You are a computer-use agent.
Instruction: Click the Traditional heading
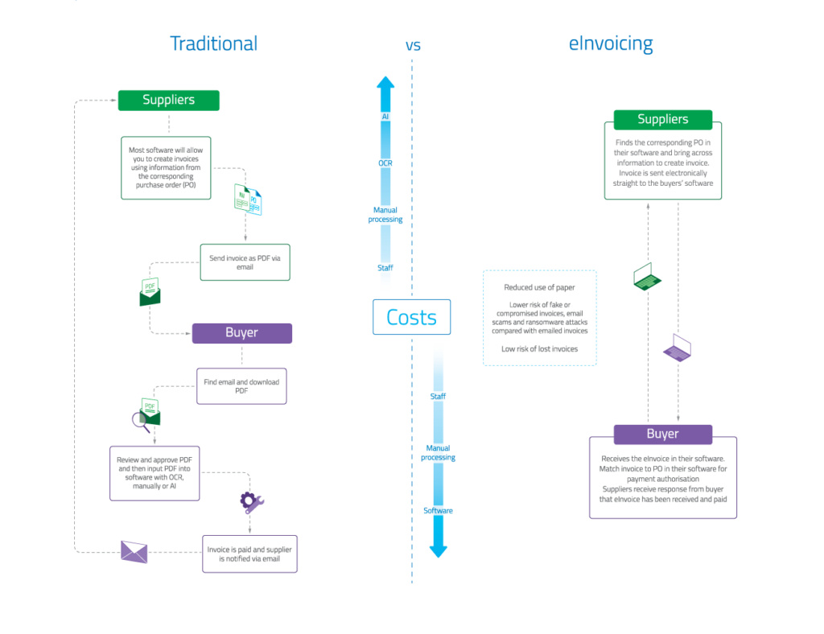coord(213,43)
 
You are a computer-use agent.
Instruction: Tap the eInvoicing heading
coord(611,43)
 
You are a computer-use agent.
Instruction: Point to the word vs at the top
coord(413,46)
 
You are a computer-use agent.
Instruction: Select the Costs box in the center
coord(412,317)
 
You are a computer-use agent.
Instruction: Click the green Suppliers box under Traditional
coord(169,101)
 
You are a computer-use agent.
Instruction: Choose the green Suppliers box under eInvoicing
coord(662,119)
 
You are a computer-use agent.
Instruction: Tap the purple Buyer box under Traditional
coord(241,333)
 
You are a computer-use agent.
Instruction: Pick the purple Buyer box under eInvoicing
coord(662,434)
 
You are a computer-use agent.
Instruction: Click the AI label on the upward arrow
coord(385,117)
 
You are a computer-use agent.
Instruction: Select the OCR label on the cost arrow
coord(385,163)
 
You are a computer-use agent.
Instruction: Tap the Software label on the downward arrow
coord(438,511)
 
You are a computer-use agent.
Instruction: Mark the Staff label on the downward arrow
coord(438,397)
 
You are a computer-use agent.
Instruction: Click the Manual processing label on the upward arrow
coord(385,215)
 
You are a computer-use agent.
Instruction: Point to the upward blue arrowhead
coord(385,83)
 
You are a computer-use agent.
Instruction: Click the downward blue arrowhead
coord(438,550)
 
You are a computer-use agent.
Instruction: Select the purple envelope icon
coord(134,551)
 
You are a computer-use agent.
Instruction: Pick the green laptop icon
coord(647,277)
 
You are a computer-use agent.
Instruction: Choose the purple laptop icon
coord(678,348)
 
